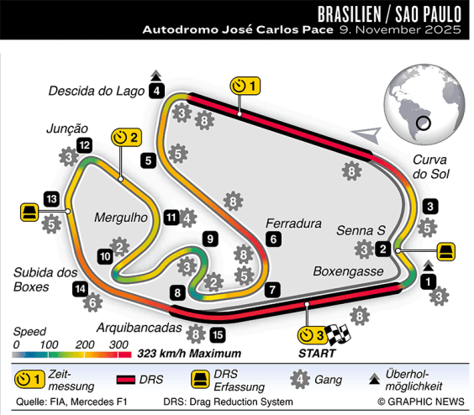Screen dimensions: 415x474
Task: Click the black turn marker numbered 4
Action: pos(157,92)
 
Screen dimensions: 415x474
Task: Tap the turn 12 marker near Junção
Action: pos(84,145)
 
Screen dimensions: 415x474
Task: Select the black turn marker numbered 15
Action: pos(218,335)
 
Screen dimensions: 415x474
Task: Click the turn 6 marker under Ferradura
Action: pos(272,239)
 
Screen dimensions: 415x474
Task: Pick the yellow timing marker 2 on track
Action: pos(127,138)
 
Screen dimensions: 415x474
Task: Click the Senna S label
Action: pos(360,230)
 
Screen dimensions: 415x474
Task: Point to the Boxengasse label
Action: pos(348,271)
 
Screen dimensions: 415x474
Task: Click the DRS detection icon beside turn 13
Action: pos(29,211)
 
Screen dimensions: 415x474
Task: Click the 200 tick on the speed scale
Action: pos(85,344)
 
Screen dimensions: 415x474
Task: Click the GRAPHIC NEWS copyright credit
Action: pos(419,402)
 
